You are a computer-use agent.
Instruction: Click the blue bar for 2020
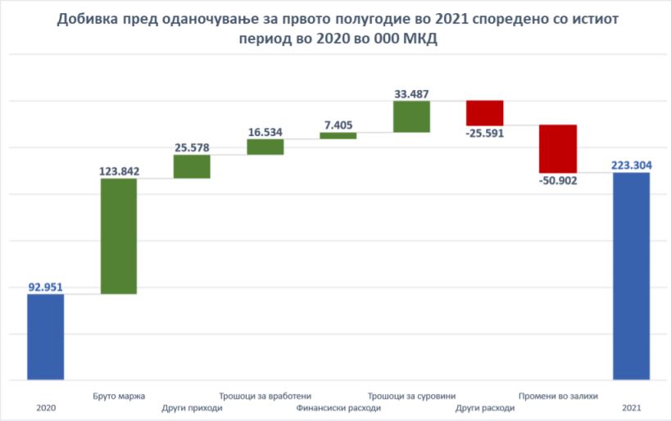(x=45, y=337)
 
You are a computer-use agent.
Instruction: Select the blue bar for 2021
(x=631, y=276)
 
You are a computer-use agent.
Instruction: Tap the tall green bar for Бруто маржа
(x=119, y=236)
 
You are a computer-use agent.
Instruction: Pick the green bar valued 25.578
(x=192, y=166)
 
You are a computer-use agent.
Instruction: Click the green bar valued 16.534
(x=265, y=147)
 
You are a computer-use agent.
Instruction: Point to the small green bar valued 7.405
(x=338, y=135)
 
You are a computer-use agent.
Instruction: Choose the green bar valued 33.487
(x=411, y=116)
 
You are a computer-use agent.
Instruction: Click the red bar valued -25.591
(x=484, y=112)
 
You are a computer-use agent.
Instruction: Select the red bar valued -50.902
(x=558, y=148)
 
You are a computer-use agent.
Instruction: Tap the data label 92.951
(x=45, y=287)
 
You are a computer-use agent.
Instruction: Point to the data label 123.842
(x=119, y=171)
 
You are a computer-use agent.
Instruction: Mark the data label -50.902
(x=558, y=181)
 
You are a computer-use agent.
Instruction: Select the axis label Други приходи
(x=192, y=408)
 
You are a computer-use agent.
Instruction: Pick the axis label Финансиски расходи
(x=338, y=408)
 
